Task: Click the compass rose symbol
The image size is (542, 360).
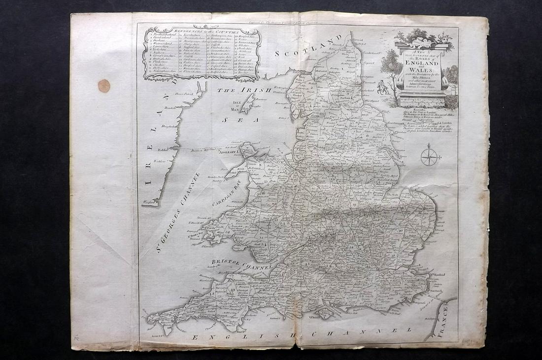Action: [428, 157]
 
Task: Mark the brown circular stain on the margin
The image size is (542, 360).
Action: [104, 86]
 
